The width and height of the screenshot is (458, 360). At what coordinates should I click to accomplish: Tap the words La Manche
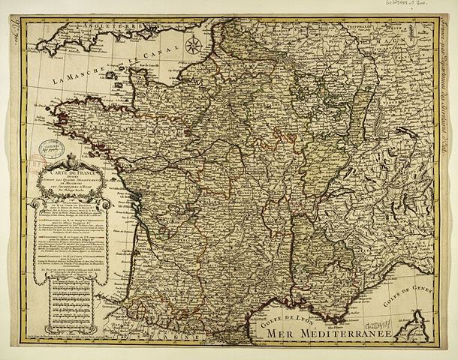click(76, 73)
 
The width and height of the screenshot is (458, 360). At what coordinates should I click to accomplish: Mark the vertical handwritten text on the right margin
click(444, 82)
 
